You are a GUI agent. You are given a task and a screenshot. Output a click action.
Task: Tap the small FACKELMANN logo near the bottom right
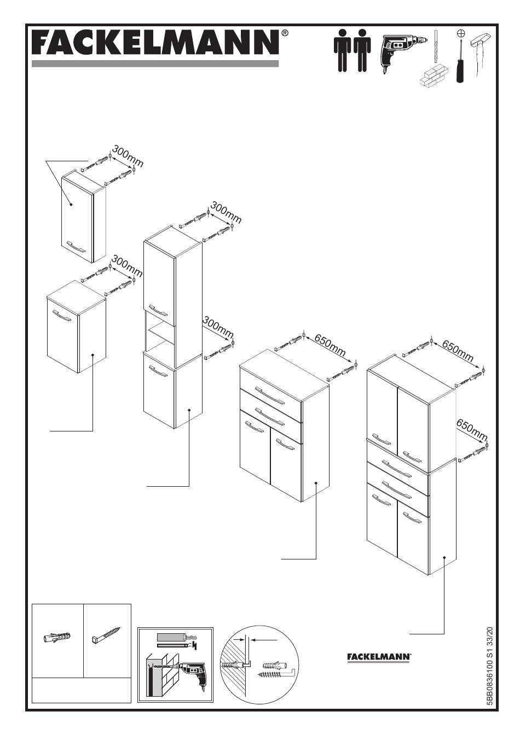coord(379,656)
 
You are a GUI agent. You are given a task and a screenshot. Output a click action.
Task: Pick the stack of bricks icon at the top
coord(434,75)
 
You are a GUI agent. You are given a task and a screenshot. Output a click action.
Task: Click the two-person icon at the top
coord(352,50)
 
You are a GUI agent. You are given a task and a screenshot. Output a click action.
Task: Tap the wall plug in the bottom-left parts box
coord(56,639)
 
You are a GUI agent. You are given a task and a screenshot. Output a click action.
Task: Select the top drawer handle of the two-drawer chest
coord(269,395)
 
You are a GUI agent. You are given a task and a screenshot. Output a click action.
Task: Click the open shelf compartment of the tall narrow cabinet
coord(160,334)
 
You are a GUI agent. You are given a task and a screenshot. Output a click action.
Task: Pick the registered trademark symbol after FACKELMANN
coord(285,33)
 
